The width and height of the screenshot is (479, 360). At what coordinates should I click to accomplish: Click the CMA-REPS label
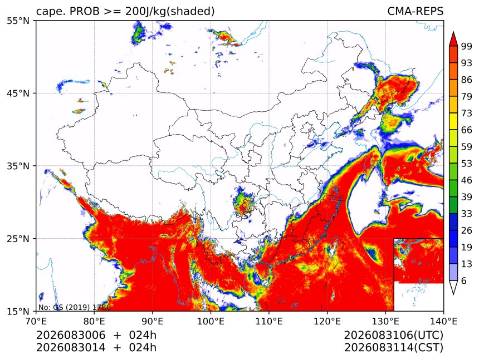pyautogui.click(x=415, y=11)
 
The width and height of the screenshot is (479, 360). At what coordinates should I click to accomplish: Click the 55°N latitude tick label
pyautogui.click(x=18, y=21)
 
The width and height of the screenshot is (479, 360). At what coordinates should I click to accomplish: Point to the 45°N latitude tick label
pyautogui.click(x=18, y=93)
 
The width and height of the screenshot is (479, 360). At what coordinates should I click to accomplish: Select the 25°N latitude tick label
pyautogui.click(x=18, y=238)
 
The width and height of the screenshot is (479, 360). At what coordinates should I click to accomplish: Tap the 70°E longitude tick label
pyautogui.click(x=36, y=321)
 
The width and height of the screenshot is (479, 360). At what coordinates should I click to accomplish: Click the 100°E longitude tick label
pyautogui.click(x=211, y=321)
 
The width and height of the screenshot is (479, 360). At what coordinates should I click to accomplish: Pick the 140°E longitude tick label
pyautogui.click(x=443, y=321)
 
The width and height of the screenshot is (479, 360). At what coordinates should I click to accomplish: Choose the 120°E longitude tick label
pyautogui.click(x=327, y=321)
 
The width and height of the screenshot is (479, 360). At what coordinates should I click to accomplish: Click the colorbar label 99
pyautogui.click(x=467, y=46)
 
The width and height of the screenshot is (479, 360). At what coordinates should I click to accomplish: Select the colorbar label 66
pyautogui.click(x=467, y=130)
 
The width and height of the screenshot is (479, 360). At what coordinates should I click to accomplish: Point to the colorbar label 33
pyautogui.click(x=467, y=214)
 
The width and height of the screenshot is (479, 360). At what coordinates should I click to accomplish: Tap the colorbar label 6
pyautogui.click(x=464, y=280)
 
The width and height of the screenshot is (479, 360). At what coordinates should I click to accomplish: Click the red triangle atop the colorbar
pyautogui.click(x=453, y=39)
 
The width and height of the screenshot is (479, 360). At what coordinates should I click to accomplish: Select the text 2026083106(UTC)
pyautogui.click(x=393, y=336)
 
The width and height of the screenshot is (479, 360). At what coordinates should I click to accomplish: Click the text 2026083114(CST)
pyautogui.click(x=393, y=348)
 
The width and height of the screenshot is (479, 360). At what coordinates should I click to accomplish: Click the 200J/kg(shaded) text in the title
pyautogui.click(x=170, y=12)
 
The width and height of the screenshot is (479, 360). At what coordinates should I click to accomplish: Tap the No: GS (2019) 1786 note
pyautogui.click(x=74, y=307)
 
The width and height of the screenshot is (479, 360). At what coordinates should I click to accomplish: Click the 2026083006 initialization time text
pyautogui.click(x=71, y=335)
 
